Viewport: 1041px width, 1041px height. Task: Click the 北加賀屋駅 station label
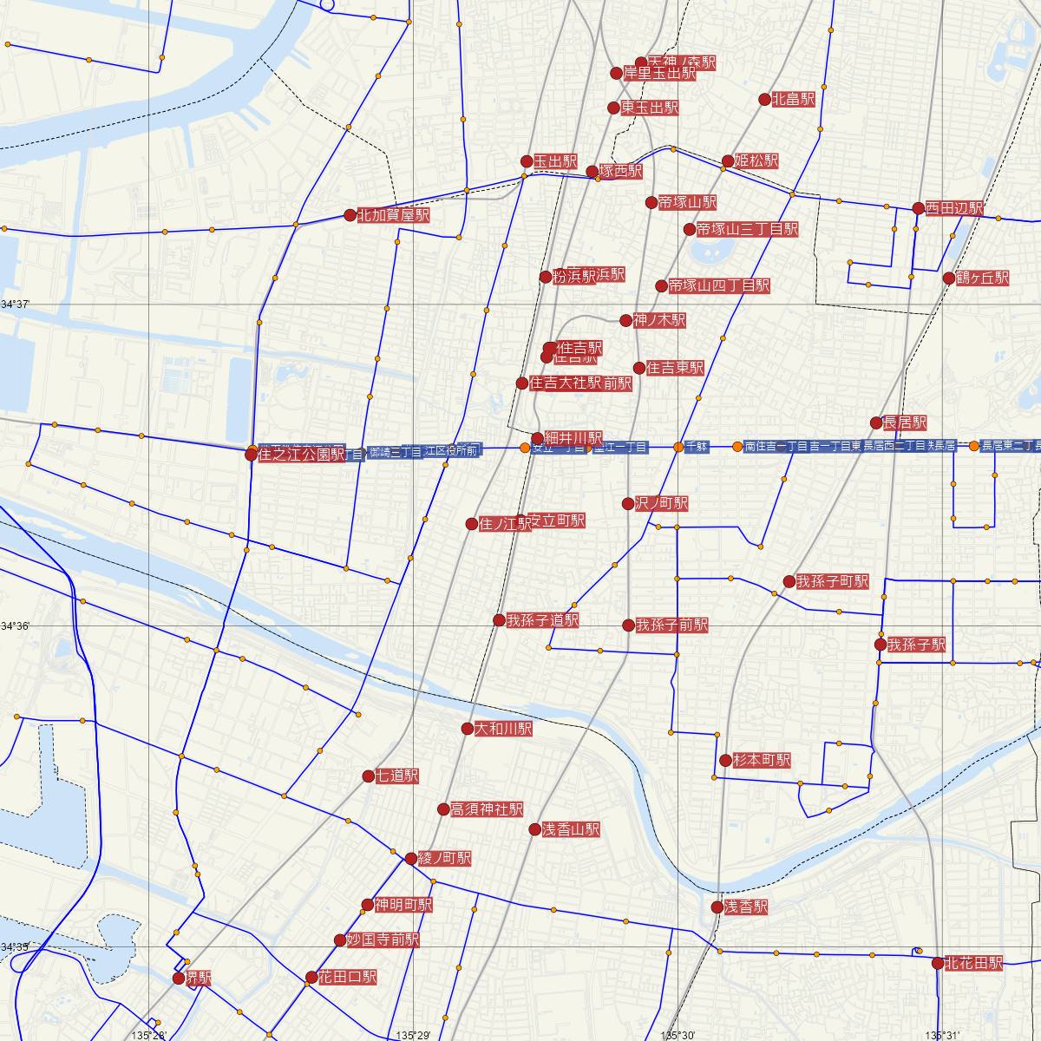pos(394,215)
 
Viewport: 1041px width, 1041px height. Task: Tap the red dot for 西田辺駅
pos(919,208)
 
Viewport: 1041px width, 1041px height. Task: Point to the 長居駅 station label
pos(905,423)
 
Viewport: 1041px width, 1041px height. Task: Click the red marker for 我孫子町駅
pos(789,581)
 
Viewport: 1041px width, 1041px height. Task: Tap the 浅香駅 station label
pos(746,907)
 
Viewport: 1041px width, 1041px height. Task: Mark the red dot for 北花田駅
pos(938,963)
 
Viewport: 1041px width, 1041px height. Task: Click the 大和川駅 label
pos(503,730)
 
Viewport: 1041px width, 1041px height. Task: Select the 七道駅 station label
pos(396,776)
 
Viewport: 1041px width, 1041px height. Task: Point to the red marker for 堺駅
pos(179,979)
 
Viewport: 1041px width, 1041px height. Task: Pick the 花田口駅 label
pos(345,978)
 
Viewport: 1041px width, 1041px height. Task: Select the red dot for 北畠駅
pos(764,100)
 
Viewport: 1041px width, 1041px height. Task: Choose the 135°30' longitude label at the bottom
pos(678,1035)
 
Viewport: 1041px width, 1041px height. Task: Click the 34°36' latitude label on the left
pos(16,625)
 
